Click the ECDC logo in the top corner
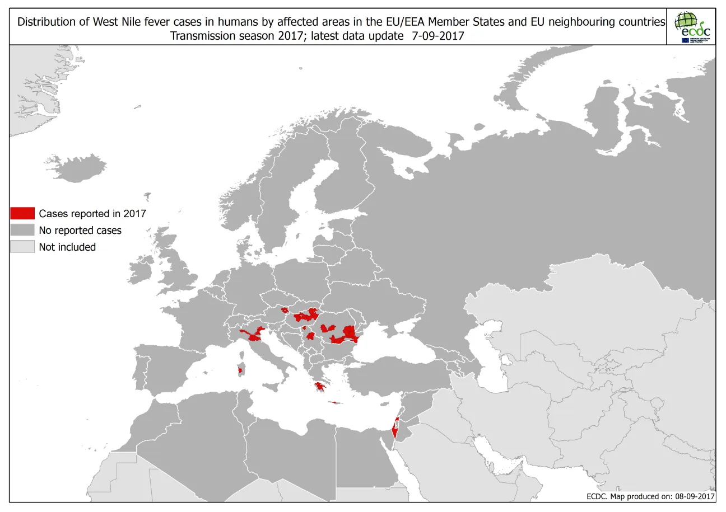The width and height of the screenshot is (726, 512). pos(692,27)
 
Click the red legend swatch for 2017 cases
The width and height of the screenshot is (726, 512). pos(22,213)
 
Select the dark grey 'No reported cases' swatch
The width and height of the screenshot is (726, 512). pos(22,230)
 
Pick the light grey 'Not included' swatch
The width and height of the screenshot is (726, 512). pos(22,247)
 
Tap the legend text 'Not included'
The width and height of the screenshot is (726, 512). pos(67,247)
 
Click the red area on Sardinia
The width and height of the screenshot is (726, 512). pos(241,370)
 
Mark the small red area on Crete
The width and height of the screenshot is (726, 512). pos(334,402)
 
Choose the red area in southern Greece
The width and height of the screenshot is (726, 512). pos(321,386)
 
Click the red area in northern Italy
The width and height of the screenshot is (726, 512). pos(255,335)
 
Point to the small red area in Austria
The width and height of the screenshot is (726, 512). pos(285,309)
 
